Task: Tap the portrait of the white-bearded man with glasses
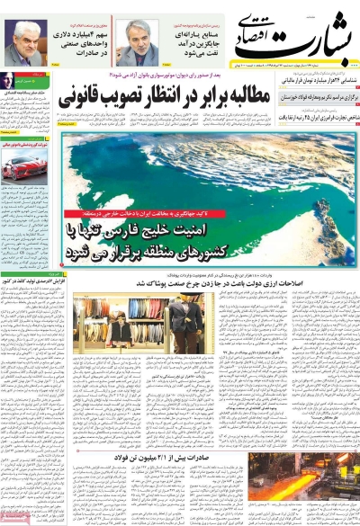click(139, 42)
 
